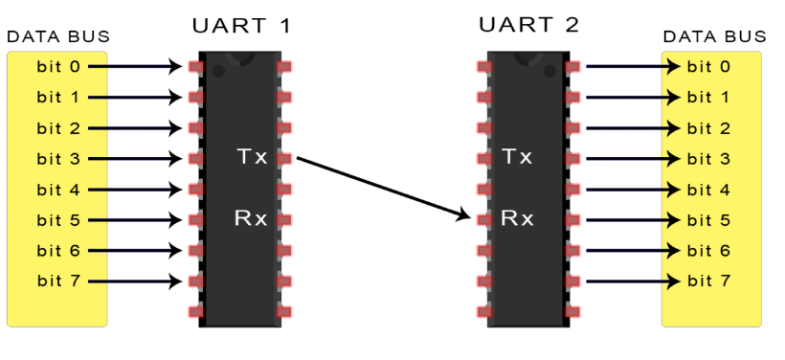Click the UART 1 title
[241, 26]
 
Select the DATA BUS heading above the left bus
[58, 37]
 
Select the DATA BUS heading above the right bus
[714, 37]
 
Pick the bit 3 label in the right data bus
[710, 158]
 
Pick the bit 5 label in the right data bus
[710, 219]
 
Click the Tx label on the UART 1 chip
[251, 156]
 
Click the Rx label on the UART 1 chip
[251, 218]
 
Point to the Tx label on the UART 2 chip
[517, 156]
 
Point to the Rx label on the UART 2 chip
[517, 218]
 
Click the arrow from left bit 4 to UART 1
[134, 189]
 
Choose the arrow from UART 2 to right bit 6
[632, 250]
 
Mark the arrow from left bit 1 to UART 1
[134, 97]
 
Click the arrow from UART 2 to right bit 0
[632, 66]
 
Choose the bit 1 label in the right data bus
[710, 97]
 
